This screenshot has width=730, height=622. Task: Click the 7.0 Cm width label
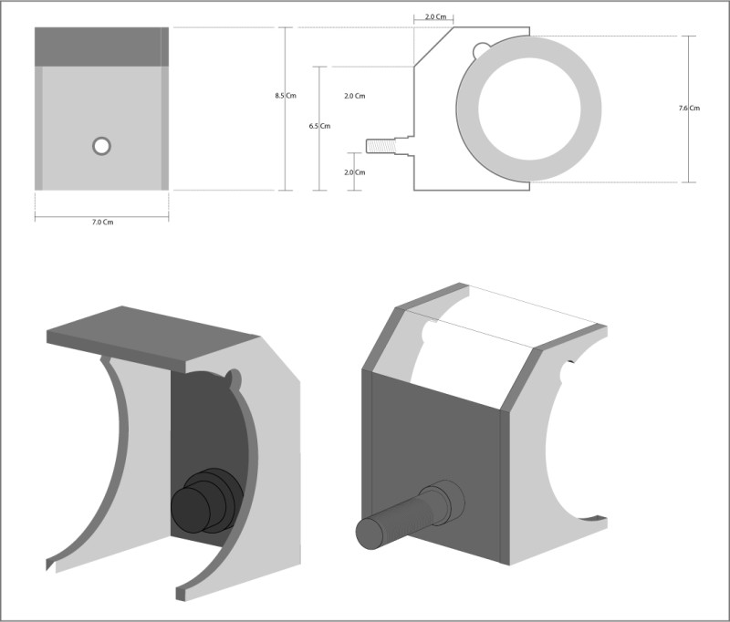click(102, 223)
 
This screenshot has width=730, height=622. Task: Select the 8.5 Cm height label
click(286, 96)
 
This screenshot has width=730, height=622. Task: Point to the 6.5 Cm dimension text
click(320, 126)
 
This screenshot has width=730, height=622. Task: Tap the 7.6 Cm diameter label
click(689, 109)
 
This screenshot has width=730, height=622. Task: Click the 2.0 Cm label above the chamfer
click(436, 16)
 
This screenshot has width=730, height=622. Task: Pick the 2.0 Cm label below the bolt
click(355, 172)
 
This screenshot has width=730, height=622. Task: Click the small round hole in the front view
click(101, 146)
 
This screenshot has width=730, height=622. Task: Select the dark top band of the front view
click(101, 47)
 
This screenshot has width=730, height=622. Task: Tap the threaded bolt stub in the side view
click(381, 146)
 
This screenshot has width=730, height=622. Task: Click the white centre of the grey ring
click(529, 109)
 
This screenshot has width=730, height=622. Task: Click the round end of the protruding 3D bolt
click(370, 534)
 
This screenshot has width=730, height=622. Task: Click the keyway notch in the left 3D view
click(233, 379)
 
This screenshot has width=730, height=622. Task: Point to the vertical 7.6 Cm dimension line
click(689, 109)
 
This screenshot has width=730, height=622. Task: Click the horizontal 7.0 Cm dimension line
click(101, 216)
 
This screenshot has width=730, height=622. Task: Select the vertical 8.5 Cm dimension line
click(286, 109)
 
